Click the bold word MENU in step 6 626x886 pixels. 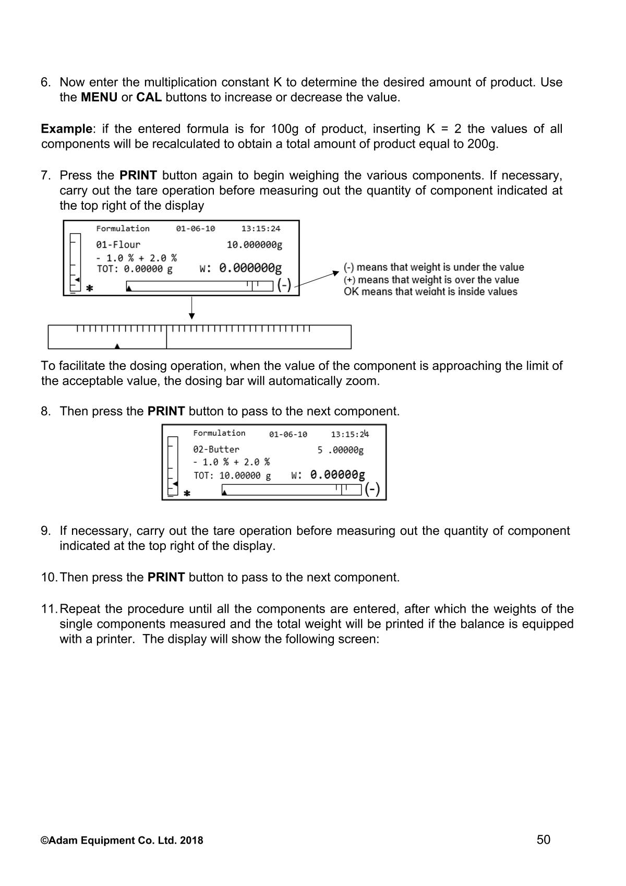(99, 98)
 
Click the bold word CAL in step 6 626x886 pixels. (149, 98)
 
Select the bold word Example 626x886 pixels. (66, 129)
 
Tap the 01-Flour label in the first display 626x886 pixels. (118, 245)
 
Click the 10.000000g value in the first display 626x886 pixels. (254, 245)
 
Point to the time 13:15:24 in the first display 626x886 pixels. (260, 229)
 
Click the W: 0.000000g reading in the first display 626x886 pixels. (240, 269)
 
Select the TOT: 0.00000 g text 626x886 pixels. (135, 269)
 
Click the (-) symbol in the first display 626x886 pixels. (284, 285)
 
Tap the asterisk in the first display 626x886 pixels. (90, 288)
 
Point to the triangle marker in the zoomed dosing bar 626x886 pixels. (117, 345)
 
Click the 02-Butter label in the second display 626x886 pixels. (216, 449)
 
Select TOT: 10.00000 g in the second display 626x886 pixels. (232, 476)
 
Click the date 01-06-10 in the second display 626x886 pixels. (288, 435)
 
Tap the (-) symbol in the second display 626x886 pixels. (372, 489)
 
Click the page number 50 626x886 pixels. (543, 840)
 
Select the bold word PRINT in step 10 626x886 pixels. (166, 578)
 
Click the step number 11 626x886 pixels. (49, 609)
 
